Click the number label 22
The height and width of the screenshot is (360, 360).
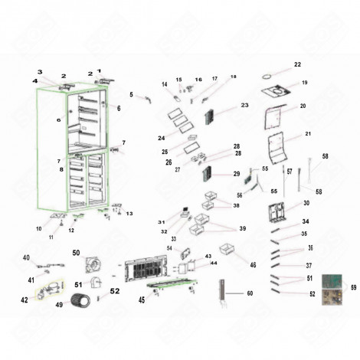coord(298,64)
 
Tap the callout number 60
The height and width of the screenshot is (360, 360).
coord(249,293)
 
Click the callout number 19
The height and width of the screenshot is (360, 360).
coord(304,83)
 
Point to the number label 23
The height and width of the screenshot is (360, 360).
coord(245,105)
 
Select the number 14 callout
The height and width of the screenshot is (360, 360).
coord(164,84)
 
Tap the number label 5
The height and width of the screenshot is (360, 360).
coord(131,95)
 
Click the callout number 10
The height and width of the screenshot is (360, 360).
coord(38,229)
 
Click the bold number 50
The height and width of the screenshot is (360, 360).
coord(77,252)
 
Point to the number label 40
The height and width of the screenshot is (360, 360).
coord(25,257)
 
